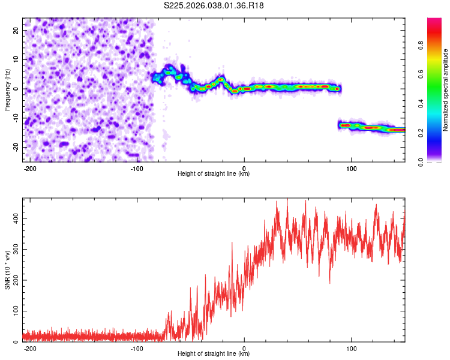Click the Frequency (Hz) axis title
tap(7, 89)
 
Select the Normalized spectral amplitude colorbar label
tap(446, 90)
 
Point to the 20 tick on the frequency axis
tap(15, 30)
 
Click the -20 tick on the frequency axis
tap(14, 147)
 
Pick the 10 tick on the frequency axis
tap(15, 59)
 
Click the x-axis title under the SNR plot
tap(214, 355)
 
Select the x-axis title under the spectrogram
tap(214, 174)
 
